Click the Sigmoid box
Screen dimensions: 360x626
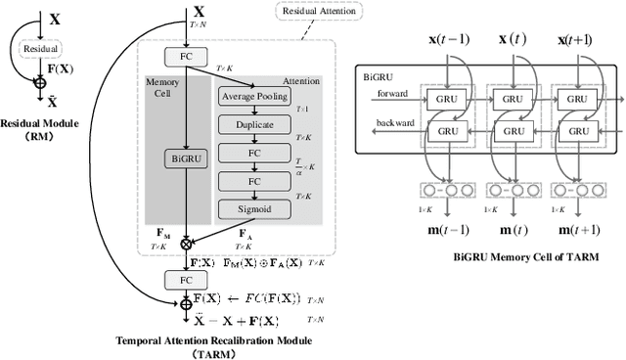[x=254, y=209]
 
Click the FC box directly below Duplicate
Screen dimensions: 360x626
[x=254, y=154]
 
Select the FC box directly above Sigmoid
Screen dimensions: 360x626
[x=254, y=181]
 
